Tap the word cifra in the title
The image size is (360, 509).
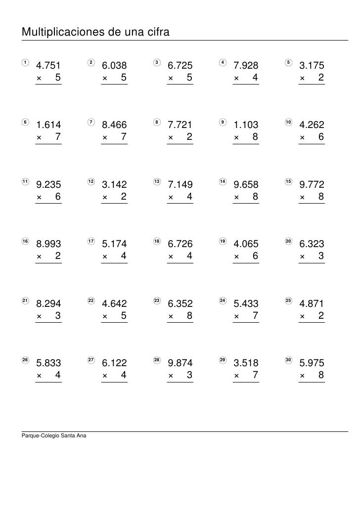(157, 33)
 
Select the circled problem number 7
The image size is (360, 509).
(90, 122)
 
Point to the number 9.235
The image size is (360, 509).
(49, 185)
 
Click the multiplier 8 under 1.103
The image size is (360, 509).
(255, 137)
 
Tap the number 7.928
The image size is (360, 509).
(246, 66)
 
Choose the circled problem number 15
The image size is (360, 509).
(288, 181)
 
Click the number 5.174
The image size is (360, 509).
(114, 244)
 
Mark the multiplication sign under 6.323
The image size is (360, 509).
(302, 256)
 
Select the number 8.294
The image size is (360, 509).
(49, 303)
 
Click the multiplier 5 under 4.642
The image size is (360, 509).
(123, 315)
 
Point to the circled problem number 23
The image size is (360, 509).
(157, 300)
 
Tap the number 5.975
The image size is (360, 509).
(312, 363)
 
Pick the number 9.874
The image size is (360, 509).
(180, 363)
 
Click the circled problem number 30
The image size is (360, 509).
(288, 359)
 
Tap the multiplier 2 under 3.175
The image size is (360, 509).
(321, 78)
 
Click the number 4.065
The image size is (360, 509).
(246, 244)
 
